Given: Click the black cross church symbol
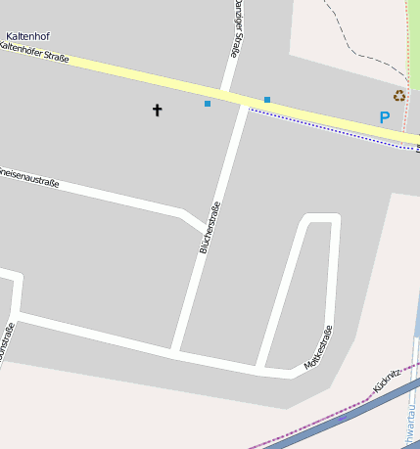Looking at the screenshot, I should [x=157, y=110].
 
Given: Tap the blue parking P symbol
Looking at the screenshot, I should [x=385, y=117].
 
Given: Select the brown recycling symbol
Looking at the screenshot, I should [x=399, y=95].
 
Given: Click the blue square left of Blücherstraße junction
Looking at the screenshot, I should [x=208, y=103].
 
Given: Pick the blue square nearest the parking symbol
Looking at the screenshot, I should [x=267, y=99].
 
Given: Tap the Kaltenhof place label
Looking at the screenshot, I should [x=27, y=36].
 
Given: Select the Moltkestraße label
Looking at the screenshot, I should [x=318, y=346].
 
